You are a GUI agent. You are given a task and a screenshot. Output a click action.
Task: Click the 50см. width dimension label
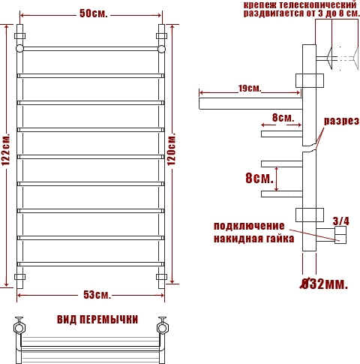94,14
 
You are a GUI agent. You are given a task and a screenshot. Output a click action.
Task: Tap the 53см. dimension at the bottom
97,295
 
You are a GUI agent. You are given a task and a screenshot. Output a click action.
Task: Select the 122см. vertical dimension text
6,149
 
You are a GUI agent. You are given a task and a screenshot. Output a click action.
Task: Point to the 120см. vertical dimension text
172,149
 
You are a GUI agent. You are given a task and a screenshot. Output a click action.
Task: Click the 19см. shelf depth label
250,89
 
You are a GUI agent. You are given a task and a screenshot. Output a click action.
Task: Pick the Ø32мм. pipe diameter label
324,284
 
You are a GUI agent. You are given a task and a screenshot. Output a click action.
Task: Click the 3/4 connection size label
341,221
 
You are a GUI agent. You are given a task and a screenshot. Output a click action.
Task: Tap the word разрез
341,121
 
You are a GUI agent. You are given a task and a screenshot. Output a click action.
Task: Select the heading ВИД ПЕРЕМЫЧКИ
97,320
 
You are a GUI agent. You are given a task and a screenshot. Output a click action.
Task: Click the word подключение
249,226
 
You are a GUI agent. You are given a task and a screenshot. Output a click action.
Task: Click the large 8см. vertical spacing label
259,178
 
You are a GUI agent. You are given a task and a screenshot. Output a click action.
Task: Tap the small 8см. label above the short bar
283,118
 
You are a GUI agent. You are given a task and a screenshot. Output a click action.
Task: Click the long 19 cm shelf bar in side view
250,104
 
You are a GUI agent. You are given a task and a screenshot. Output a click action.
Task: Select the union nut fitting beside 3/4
340,235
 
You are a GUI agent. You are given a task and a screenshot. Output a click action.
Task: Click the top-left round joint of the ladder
19,48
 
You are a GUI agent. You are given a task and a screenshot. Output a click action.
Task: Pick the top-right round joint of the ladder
162,49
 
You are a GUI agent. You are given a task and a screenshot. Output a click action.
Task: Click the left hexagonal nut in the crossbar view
19,328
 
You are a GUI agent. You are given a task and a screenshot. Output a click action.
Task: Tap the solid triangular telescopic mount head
329,59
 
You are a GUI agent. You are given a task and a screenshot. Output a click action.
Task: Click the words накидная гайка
253,239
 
